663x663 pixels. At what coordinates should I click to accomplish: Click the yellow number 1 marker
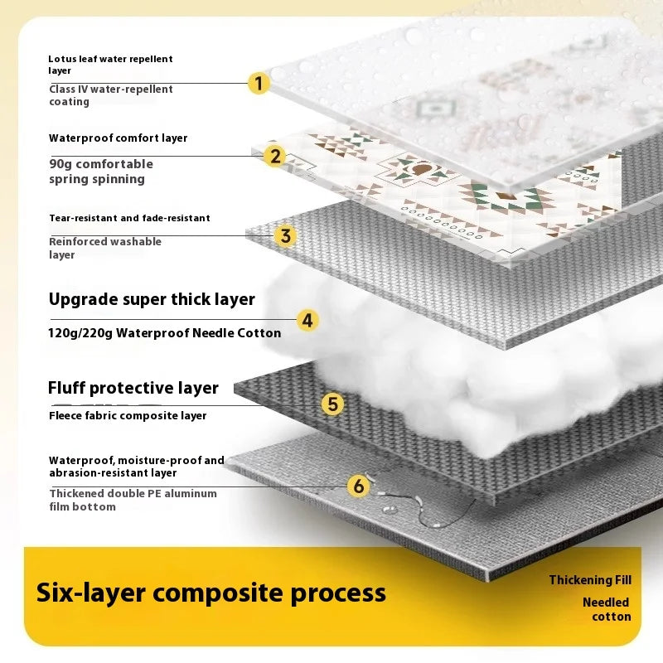coord(259,83)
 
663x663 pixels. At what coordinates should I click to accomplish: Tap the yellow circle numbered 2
coord(274,156)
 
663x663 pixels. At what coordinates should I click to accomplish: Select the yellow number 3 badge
coord(285,236)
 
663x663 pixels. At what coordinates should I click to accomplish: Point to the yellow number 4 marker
coord(307,320)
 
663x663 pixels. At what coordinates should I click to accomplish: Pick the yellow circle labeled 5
coord(332,404)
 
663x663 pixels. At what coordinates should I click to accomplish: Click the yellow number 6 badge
coord(358,486)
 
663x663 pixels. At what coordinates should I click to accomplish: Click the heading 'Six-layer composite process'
coord(211,593)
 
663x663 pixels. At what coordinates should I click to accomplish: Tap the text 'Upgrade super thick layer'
coord(152,299)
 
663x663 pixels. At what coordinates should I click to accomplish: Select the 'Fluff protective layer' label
coord(133,388)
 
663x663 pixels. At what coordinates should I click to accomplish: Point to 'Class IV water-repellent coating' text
coord(111,95)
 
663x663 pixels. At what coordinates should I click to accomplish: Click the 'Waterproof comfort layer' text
coord(119,138)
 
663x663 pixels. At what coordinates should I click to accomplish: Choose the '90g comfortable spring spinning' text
coord(101,172)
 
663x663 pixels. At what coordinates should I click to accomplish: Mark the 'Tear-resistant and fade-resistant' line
coord(129,218)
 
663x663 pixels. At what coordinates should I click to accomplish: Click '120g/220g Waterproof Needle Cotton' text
coord(165,333)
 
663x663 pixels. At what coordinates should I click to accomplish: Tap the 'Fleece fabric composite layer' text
coord(128,415)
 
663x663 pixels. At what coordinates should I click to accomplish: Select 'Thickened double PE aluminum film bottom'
coord(133,500)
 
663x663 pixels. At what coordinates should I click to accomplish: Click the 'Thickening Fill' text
coord(590,580)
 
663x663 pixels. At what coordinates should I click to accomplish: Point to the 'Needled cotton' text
coord(607,609)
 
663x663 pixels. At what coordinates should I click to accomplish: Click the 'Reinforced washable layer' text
coord(105,248)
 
